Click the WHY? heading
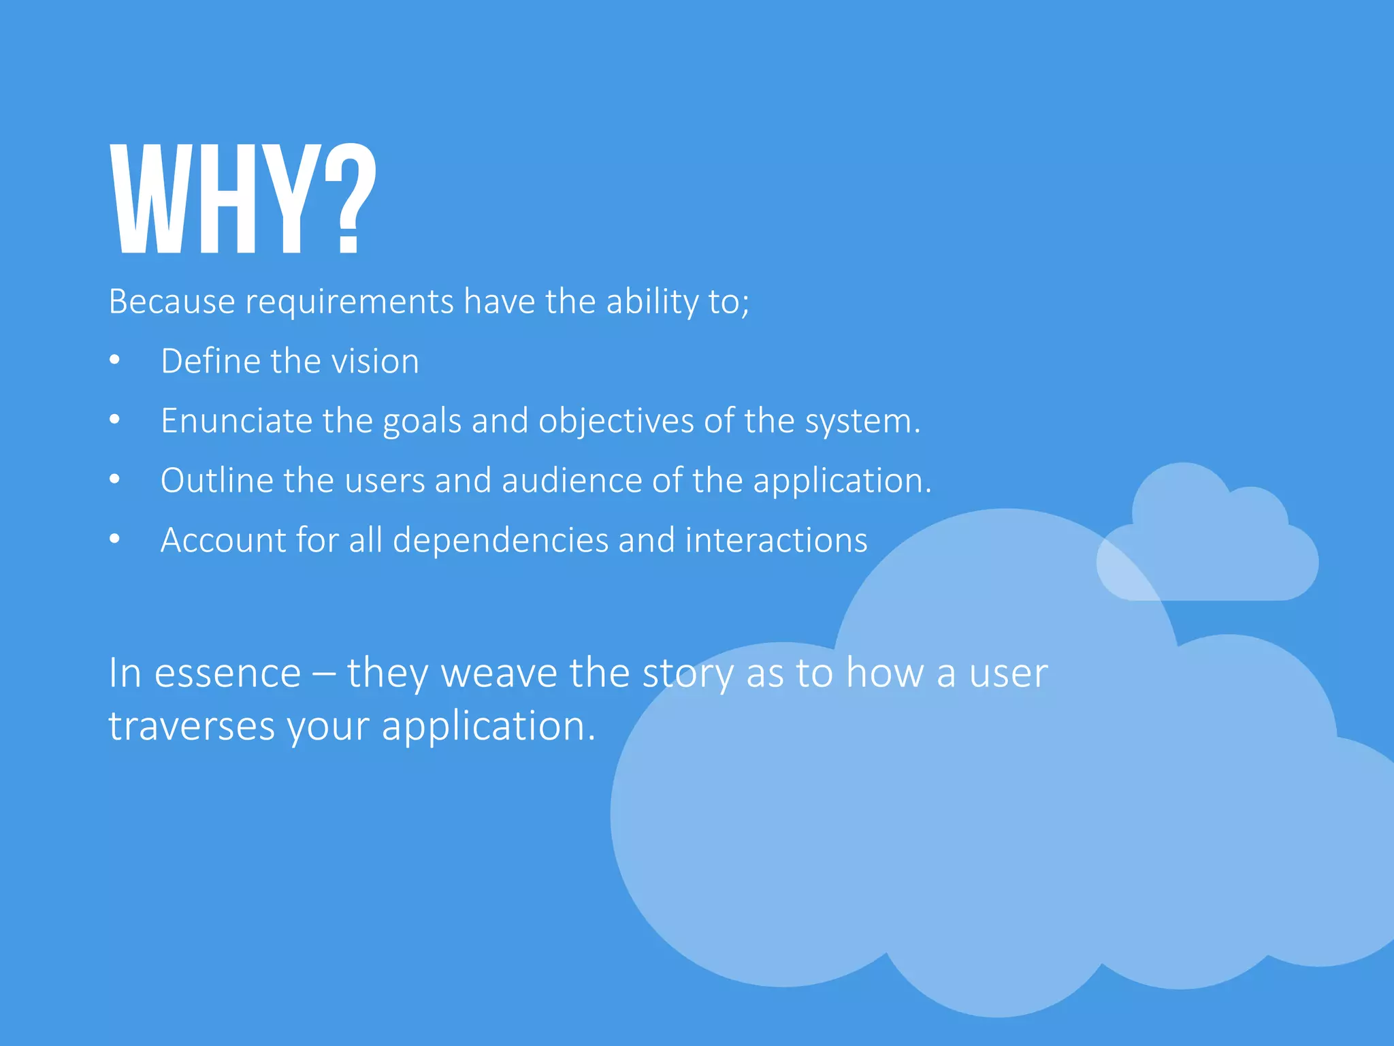(242, 199)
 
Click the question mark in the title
(349, 199)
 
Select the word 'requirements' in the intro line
(349, 302)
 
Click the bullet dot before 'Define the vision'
(114, 360)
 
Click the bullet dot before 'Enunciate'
(114, 420)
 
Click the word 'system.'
(862, 422)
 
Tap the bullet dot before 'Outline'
(114, 480)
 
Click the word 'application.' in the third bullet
(842, 481)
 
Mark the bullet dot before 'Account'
(114, 539)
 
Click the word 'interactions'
(776, 540)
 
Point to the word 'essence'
(227, 674)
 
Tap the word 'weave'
(500, 674)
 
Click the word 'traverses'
(192, 726)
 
